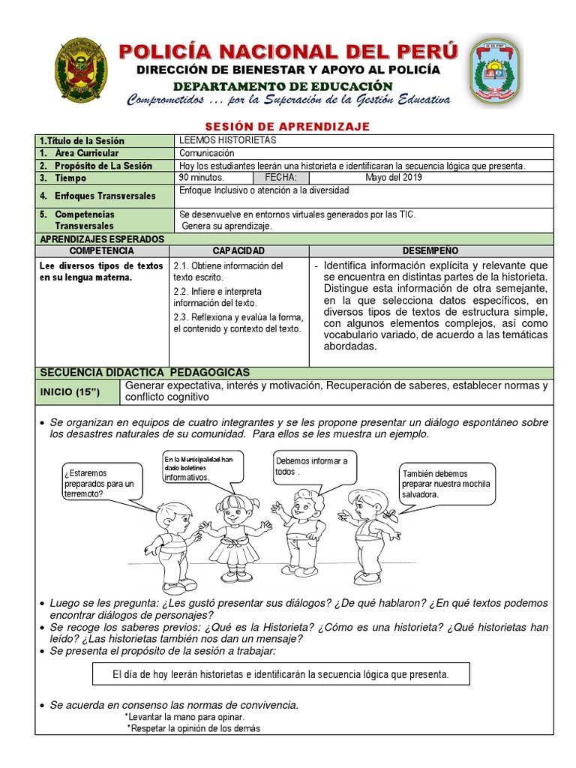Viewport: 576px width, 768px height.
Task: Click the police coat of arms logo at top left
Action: click(80, 70)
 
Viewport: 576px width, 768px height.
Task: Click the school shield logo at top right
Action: click(495, 72)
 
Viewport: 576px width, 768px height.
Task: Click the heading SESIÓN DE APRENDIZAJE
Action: click(287, 127)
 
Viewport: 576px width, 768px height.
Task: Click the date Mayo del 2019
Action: click(393, 178)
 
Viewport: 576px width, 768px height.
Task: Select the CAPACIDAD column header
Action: click(238, 250)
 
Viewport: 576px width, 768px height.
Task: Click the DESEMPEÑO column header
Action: click(430, 250)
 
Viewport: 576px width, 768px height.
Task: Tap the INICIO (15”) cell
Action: click(77, 391)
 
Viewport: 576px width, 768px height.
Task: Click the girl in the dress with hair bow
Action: click(234, 532)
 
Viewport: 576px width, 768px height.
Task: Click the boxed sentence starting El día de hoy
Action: click(280, 674)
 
